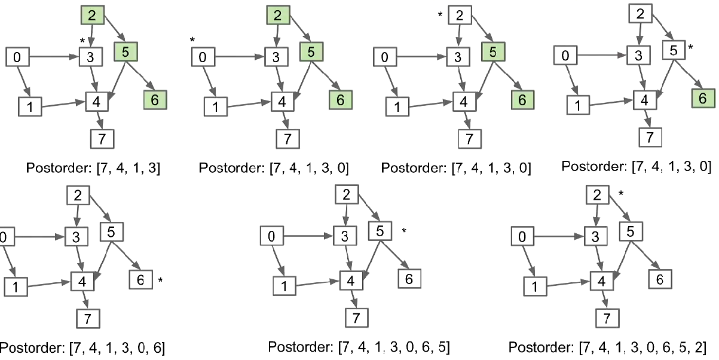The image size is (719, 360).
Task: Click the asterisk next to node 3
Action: [82, 41]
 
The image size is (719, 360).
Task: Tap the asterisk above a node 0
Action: [192, 41]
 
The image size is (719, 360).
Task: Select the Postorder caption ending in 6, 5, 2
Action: [608, 346]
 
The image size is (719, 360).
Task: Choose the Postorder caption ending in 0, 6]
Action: [82, 347]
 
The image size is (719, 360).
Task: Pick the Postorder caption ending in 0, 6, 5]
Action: [359, 346]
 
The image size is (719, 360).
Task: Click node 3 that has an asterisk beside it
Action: [91, 57]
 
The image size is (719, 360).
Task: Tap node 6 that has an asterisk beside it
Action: [141, 279]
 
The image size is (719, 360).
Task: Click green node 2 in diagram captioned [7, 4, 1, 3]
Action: [93, 16]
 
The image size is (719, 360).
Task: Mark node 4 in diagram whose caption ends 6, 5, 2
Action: [602, 279]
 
